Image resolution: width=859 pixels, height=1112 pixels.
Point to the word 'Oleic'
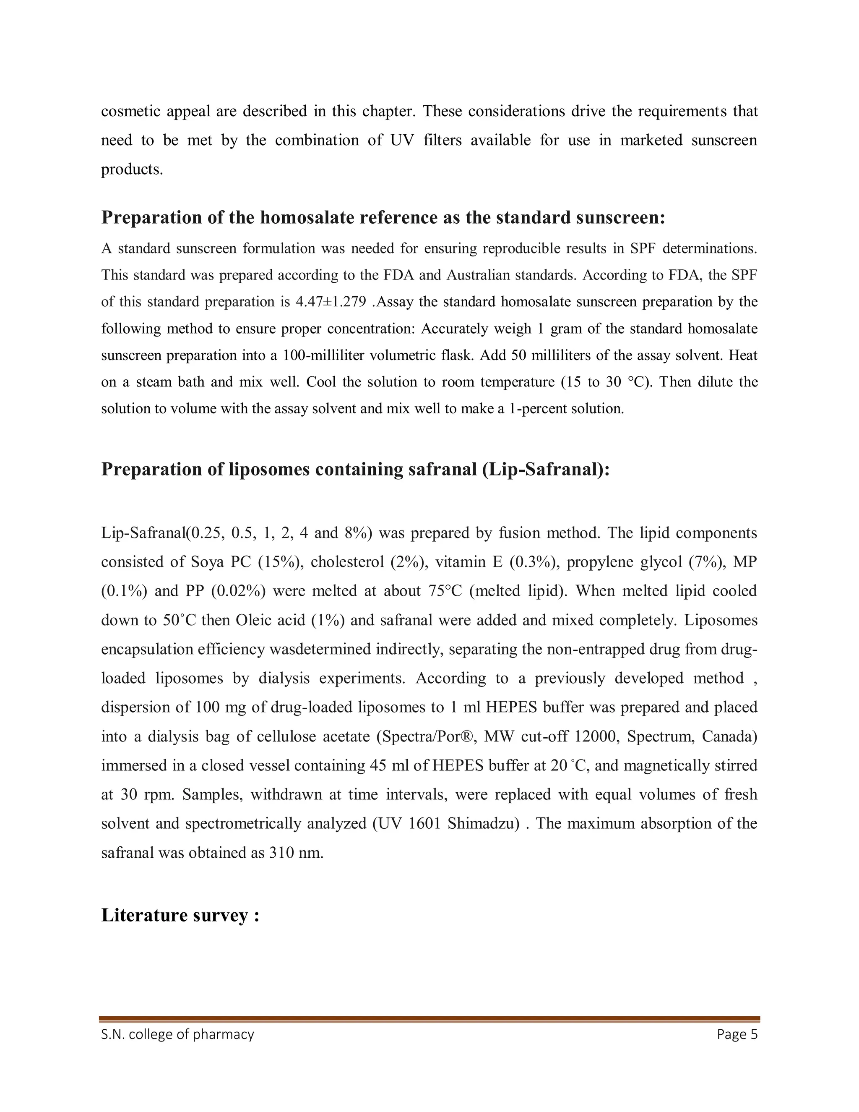pyautogui.click(x=255, y=620)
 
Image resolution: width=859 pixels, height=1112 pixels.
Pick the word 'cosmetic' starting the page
pyautogui.click(x=129, y=111)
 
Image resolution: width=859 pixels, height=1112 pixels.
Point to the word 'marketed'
pyautogui.click(x=651, y=140)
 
